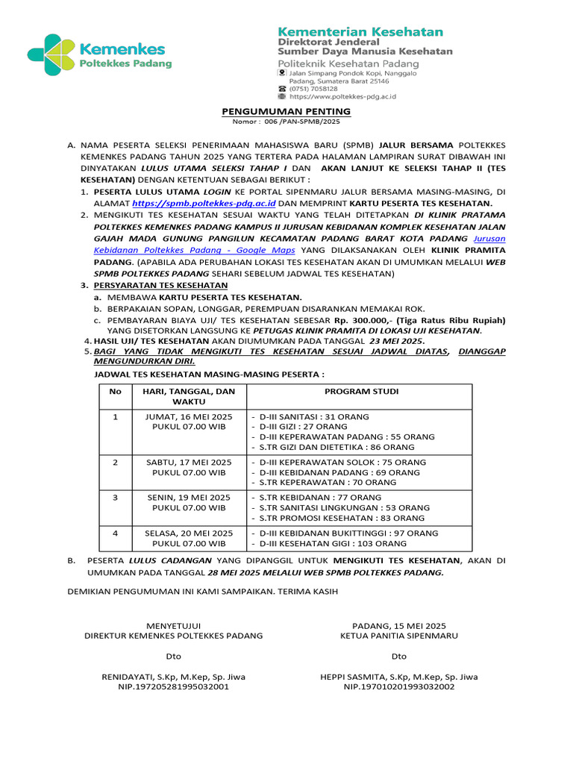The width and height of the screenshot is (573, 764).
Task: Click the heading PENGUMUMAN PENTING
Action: pyautogui.click(x=286, y=111)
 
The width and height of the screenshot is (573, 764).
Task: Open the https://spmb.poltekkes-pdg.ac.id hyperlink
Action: pyautogui.click(x=204, y=203)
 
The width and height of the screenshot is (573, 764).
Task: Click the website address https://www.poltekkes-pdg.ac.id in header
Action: pyautogui.click(x=342, y=96)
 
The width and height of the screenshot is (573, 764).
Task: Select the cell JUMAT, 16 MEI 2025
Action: pyautogui.click(x=189, y=416)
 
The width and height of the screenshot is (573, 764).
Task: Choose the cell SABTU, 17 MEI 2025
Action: pyautogui.click(x=189, y=462)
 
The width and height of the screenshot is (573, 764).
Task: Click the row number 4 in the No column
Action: pyautogui.click(x=115, y=533)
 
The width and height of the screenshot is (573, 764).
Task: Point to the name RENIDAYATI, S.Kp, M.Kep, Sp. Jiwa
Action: pyautogui.click(x=173, y=677)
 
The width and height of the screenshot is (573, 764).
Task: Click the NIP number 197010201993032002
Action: pyautogui.click(x=398, y=686)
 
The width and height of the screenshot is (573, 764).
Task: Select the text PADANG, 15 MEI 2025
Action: pyautogui.click(x=399, y=625)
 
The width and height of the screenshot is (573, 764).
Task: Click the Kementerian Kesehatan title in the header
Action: pyautogui.click(x=360, y=32)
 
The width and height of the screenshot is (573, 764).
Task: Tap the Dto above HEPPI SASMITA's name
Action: pyautogui.click(x=399, y=657)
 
